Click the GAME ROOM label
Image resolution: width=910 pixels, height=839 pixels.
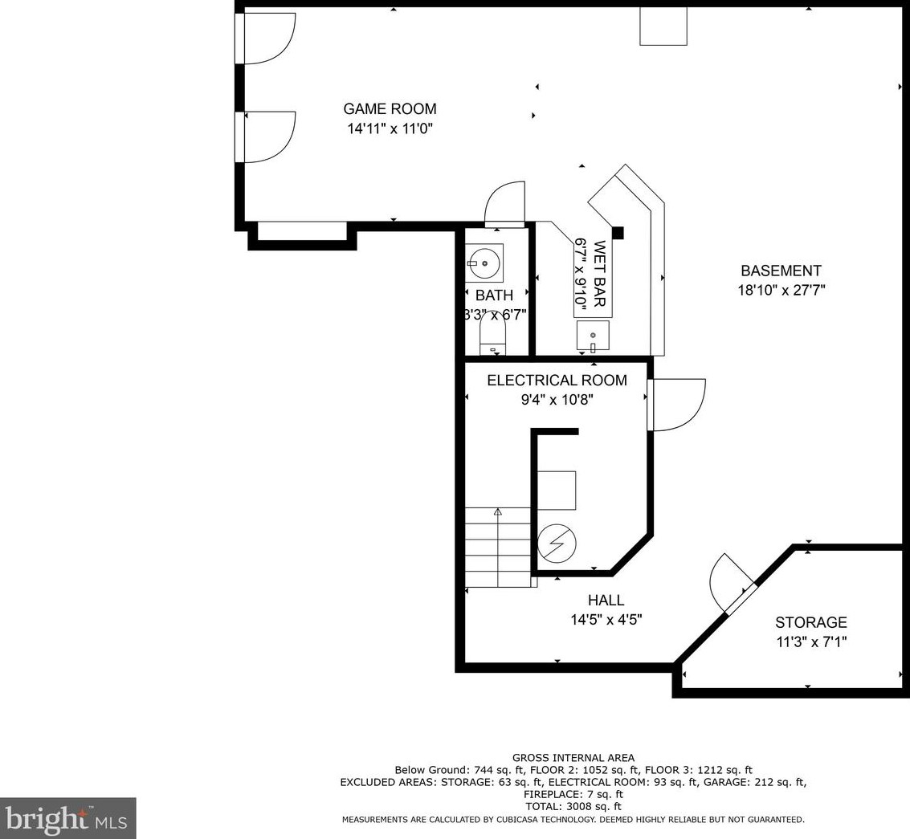390,108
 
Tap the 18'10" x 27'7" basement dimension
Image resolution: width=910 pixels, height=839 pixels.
781,290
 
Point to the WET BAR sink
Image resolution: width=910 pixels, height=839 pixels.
593,336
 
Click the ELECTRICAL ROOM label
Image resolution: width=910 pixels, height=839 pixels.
557,380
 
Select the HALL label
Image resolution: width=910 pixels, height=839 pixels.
606,600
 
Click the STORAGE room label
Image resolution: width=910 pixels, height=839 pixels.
810,622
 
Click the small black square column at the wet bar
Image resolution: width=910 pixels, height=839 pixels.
618,232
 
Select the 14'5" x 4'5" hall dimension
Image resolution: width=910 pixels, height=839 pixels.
606,620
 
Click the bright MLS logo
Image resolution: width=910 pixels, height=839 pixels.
68,818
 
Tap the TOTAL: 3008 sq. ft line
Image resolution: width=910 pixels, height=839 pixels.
573,807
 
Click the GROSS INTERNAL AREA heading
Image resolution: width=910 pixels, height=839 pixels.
573,758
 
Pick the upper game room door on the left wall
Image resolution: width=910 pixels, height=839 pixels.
265,38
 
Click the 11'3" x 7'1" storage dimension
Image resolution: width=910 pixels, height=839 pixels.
811,642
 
